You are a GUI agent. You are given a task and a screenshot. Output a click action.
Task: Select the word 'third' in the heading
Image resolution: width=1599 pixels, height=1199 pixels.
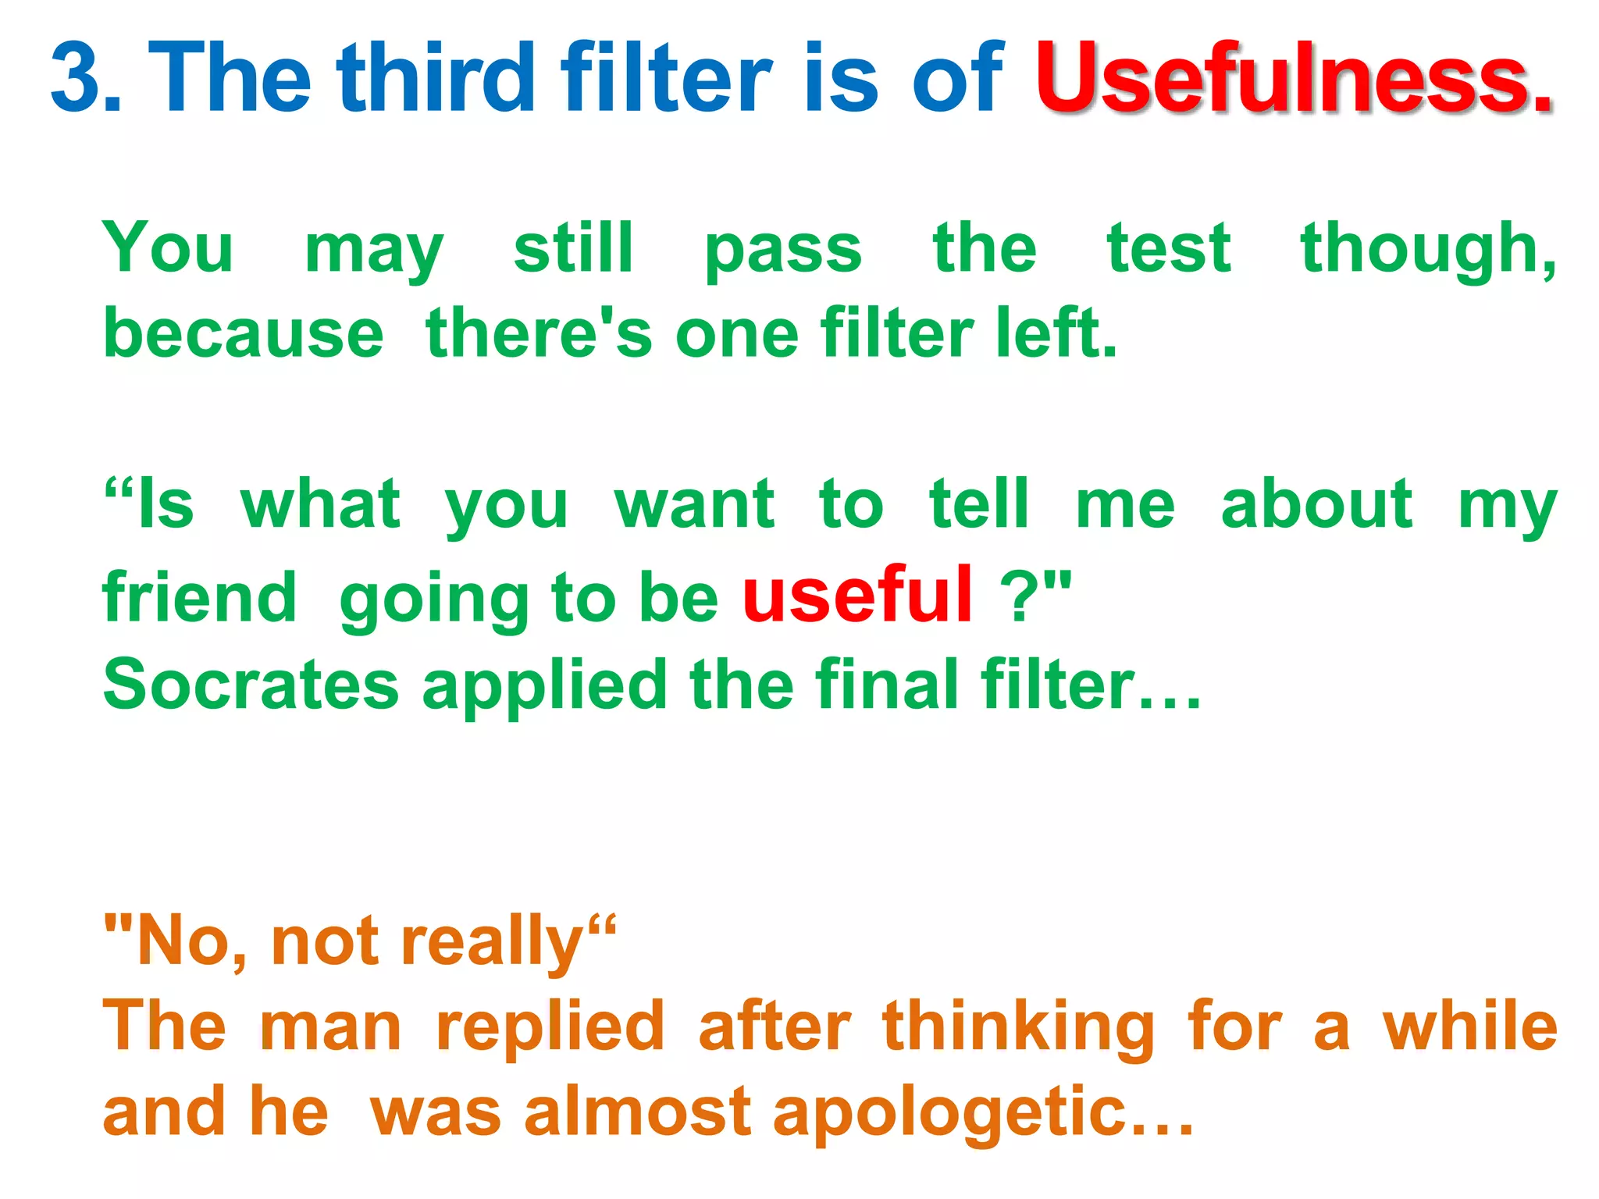coord(436,76)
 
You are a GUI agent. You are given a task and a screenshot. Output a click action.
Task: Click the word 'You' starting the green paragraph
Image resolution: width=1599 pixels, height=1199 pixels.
coord(168,248)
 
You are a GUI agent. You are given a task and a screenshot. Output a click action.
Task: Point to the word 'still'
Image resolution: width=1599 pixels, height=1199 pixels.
coord(573,248)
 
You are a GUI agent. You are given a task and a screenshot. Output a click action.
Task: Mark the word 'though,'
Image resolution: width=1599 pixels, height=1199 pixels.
coord(1428,250)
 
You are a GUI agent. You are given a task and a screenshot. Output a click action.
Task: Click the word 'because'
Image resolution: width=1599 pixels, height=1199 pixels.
coord(244,333)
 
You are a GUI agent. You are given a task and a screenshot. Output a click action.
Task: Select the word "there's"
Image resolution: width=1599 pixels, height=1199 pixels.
coord(539,333)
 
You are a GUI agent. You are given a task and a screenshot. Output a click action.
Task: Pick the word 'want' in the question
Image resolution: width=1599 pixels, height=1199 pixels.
coord(694,505)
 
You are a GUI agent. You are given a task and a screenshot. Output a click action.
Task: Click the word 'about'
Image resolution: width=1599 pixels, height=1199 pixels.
coord(1316,505)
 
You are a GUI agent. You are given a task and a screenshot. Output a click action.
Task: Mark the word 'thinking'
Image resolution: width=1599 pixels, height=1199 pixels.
coord(1018,1029)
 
